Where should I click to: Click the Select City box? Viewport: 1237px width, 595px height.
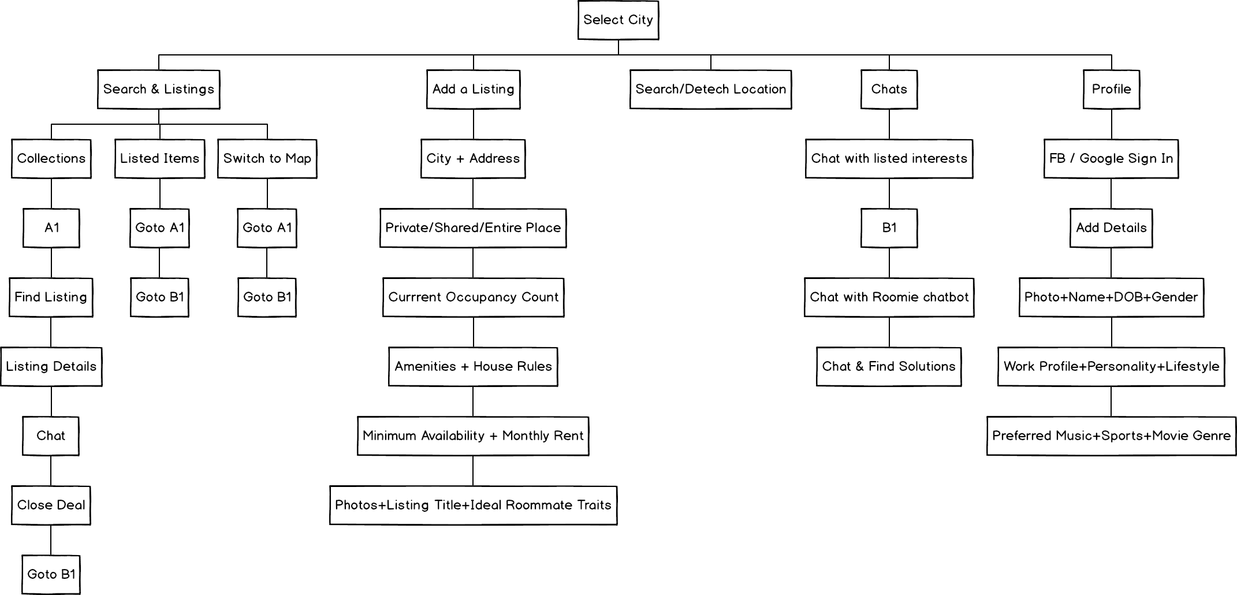coord(618,20)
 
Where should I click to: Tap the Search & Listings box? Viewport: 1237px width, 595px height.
coord(159,89)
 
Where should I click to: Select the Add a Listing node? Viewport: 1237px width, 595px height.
coord(473,89)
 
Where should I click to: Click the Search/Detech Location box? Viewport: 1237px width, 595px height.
coord(710,89)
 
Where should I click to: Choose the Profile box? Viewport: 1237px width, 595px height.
coord(1111,89)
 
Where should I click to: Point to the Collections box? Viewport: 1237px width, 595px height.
coord(51,158)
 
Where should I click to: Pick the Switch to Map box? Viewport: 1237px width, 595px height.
coord(267,158)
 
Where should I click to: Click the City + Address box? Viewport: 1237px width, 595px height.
coord(473,158)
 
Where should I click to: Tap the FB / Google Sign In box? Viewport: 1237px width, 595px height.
coord(1111,158)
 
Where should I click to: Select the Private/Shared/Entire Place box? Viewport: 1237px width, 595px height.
coord(473,228)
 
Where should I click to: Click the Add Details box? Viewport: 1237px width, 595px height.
coord(1111,228)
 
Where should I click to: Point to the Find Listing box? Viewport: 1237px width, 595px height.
coord(51,297)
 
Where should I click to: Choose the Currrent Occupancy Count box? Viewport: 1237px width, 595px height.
coord(473,297)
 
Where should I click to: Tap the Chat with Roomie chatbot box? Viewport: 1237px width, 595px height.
coord(889,297)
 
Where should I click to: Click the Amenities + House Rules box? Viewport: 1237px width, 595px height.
coord(473,366)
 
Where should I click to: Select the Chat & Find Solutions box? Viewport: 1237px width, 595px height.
coord(889,366)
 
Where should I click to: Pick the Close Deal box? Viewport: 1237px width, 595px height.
coord(51,505)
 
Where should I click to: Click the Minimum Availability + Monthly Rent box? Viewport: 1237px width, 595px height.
coord(473,436)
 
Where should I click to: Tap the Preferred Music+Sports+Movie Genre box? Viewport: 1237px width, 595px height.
coord(1111,436)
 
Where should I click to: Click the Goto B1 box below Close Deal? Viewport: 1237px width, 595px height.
coord(51,574)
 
